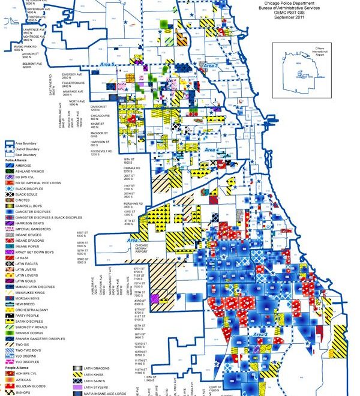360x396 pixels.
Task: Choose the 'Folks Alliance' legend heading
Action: pos(16,161)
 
